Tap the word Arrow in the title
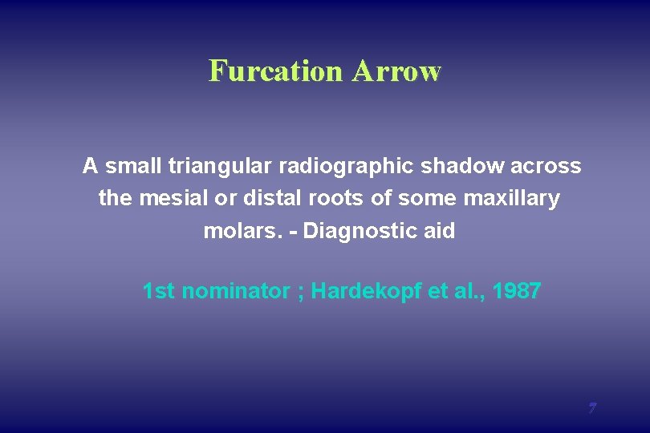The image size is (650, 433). [x=396, y=71]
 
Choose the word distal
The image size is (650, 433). [x=263, y=198]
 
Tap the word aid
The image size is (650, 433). [x=438, y=232]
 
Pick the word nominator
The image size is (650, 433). [x=234, y=291]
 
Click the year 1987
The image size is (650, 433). [x=518, y=291]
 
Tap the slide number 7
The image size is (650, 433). [x=591, y=408]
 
